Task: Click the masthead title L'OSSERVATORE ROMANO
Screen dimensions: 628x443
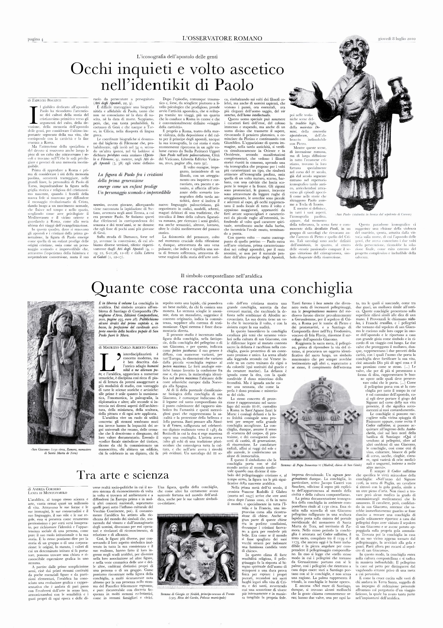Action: tap(222, 39)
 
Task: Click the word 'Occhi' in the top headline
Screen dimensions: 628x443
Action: tap(91, 70)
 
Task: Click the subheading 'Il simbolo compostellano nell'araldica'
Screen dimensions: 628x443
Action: tap(222, 276)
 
